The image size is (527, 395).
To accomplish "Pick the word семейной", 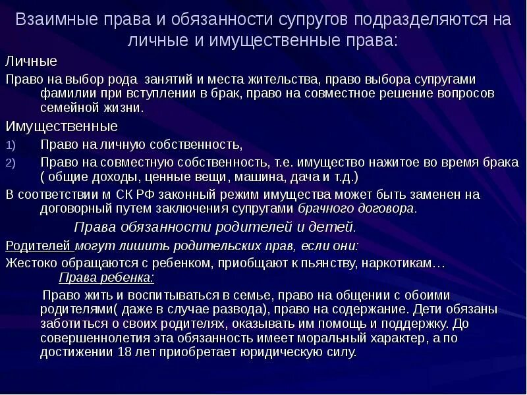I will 67,108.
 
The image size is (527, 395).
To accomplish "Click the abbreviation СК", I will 126,195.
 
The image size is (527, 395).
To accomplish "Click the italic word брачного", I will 323,209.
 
